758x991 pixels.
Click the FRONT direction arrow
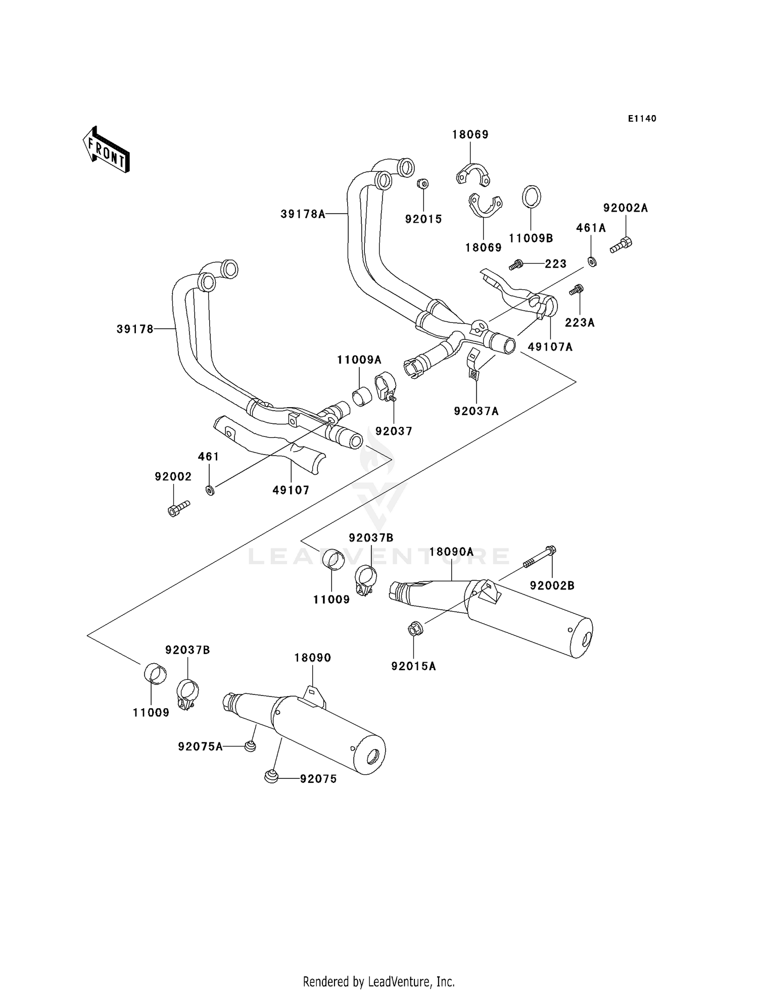tap(106, 150)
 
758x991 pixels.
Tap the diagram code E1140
tap(642, 119)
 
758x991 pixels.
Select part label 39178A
tap(303, 214)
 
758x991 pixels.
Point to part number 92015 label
tap(423, 219)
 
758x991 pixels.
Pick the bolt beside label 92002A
tap(621, 245)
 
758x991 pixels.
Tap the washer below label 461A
tap(592, 262)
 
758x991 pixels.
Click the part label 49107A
tap(550, 347)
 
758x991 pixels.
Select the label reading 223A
tap(580, 323)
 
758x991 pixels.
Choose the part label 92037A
tap(476, 412)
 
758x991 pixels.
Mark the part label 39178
tap(135, 329)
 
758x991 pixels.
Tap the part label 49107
tap(291, 490)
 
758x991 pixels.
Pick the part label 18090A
tap(451, 552)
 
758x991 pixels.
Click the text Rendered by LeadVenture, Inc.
tap(378, 982)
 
